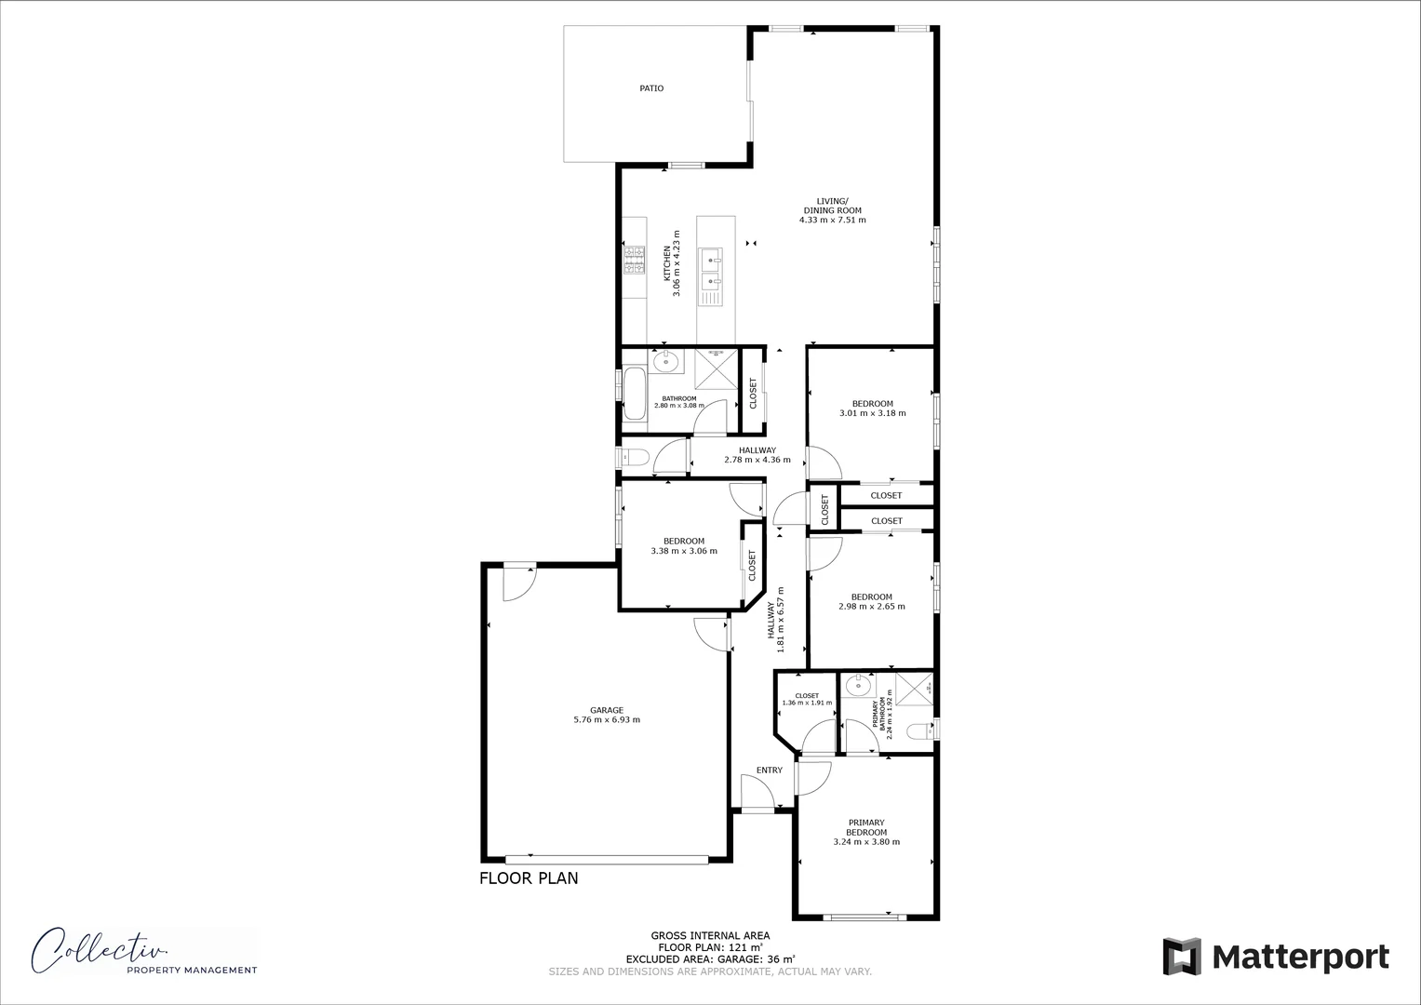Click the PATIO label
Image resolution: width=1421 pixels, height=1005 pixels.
[651, 88]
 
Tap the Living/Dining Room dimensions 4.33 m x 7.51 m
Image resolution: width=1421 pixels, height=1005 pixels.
[832, 221]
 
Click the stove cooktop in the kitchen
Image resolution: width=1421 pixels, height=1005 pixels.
[635, 260]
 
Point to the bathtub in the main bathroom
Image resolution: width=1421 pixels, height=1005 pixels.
[635, 395]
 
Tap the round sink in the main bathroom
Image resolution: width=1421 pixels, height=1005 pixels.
[666, 361]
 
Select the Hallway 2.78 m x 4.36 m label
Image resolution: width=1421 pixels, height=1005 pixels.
[757, 455]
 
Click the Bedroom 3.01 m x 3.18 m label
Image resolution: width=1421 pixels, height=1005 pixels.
[872, 409]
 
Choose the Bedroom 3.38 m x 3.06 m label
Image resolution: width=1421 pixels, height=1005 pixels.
[684, 546]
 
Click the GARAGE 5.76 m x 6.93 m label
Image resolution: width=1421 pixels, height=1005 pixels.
[607, 715]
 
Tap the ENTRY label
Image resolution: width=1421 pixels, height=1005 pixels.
[769, 770]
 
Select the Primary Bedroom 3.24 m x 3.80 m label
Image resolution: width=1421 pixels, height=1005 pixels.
[866, 832]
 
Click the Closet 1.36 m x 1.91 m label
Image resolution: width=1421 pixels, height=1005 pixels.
[806, 699]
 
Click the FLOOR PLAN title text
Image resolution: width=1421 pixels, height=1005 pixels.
[529, 878]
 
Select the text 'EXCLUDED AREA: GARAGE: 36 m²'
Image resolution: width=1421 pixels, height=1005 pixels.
[710, 958]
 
